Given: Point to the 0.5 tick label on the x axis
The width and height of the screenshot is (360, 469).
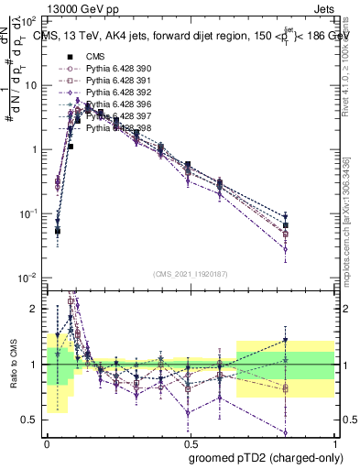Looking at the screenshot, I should pos(188,444).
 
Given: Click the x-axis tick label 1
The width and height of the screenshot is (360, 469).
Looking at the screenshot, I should pos(329,444).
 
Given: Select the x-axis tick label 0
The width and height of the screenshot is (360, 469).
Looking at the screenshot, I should pos(47,444).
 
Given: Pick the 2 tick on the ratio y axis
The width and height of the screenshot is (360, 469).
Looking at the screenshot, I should pos(35,309).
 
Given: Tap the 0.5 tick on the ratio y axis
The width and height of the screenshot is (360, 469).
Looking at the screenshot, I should pos(31,420).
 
